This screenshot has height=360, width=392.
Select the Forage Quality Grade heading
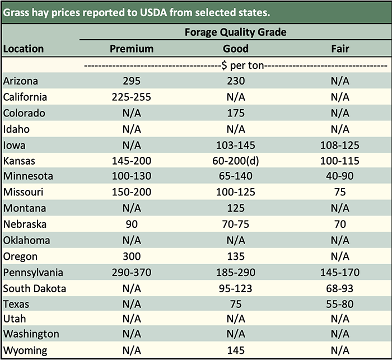235,32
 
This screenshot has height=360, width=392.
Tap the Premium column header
131,49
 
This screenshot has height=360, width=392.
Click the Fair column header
340,49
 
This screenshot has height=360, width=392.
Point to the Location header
24,49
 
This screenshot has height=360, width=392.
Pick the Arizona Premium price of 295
131,81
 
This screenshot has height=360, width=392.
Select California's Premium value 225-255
131,97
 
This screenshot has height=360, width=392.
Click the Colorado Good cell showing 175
236,113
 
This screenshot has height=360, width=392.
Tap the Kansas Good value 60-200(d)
236,161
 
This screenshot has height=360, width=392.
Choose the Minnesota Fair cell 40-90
340,176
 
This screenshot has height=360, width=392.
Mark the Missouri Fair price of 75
340,193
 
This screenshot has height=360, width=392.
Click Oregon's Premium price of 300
131,256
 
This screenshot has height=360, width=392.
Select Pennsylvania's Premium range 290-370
131,273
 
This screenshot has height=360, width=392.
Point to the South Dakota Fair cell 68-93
340,289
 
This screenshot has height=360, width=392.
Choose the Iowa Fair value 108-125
340,145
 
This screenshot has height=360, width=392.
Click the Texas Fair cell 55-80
340,305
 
